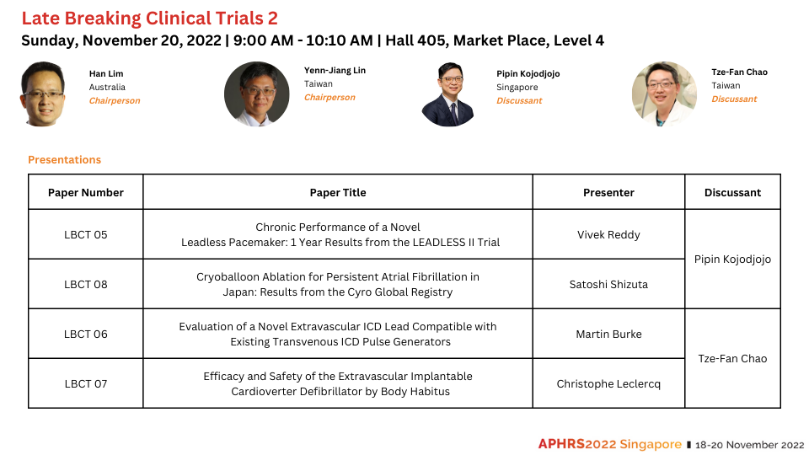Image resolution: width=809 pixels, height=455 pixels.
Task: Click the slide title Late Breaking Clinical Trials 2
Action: (150, 18)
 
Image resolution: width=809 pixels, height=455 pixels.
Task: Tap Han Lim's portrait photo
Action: (43, 94)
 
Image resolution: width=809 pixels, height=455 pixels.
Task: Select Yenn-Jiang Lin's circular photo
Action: (256, 94)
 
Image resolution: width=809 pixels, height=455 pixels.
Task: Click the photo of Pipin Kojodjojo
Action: (447, 94)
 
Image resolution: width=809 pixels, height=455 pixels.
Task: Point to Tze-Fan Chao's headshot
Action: (665, 94)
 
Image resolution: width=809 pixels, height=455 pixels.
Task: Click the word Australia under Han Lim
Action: (107, 87)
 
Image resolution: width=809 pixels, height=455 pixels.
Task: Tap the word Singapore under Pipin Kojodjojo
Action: (517, 87)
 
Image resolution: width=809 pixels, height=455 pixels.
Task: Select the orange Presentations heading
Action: (65, 160)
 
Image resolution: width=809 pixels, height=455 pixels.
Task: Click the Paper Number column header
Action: (86, 192)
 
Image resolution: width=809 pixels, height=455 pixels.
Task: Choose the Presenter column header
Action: (608, 192)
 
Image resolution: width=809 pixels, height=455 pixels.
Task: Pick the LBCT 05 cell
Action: (86, 235)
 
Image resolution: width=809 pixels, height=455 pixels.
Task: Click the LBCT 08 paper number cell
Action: (86, 284)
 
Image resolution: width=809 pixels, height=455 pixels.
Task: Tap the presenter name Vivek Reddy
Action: (608, 235)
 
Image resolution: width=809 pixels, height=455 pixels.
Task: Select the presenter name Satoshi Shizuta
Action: (608, 284)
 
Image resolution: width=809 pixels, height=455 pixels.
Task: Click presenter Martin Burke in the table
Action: (608, 335)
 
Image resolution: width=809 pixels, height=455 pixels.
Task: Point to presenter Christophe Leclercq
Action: (608, 384)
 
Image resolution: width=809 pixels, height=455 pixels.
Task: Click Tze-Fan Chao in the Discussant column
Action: (732, 359)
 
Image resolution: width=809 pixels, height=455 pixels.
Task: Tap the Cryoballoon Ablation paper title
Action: (338, 284)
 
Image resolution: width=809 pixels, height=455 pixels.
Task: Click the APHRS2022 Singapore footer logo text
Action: (610, 444)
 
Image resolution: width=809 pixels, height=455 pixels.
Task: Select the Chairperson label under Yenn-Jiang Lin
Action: (329, 98)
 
